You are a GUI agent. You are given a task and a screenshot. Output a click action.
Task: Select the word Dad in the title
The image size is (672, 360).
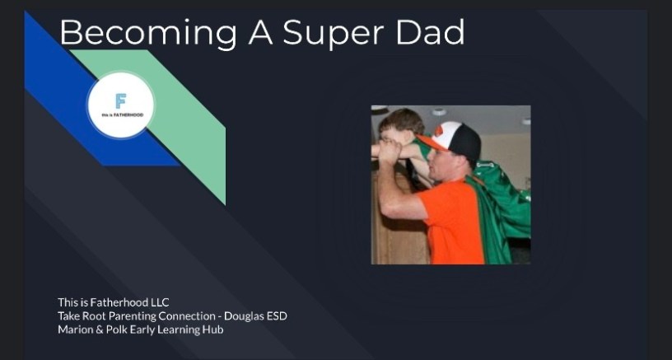point(430,31)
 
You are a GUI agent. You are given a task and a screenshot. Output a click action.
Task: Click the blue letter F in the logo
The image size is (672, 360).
point(121,101)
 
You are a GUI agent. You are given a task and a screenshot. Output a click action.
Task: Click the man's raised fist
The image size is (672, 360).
point(390,150)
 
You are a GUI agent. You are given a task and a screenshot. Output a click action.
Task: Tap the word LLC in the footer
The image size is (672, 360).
point(160,302)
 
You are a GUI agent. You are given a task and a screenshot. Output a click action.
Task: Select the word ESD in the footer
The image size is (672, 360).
point(277,316)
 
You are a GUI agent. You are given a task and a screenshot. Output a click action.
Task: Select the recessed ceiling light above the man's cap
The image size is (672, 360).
point(439,112)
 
